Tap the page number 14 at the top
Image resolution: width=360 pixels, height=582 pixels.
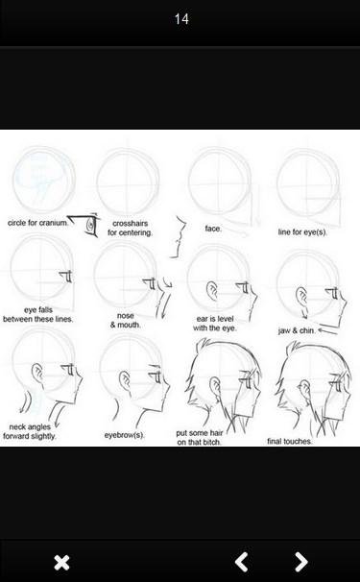click(x=181, y=19)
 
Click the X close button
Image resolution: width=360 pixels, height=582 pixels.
click(x=61, y=563)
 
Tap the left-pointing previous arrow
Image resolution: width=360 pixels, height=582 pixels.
click(x=242, y=562)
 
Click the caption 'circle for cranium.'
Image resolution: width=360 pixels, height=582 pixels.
click(x=37, y=223)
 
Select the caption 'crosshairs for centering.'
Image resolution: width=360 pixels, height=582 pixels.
click(x=130, y=228)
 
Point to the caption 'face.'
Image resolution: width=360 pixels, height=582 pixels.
click(x=213, y=229)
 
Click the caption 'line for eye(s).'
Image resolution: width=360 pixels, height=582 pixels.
click(x=302, y=232)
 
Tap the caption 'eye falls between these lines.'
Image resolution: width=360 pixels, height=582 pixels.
click(x=37, y=314)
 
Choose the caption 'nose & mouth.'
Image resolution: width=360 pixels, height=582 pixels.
click(x=126, y=320)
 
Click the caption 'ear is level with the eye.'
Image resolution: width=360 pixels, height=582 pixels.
click(x=215, y=324)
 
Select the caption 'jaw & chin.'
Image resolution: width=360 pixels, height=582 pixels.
click(x=297, y=330)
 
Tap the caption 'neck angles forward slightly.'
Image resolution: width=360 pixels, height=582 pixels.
click(x=30, y=431)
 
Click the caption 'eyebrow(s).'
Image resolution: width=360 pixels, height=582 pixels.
click(x=125, y=435)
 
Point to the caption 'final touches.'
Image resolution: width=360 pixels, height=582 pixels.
click(x=290, y=441)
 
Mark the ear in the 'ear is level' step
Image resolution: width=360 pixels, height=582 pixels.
click(x=212, y=291)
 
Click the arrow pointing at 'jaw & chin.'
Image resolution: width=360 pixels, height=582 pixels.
click(x=328, y=330)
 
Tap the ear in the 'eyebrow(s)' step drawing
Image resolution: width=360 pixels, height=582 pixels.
click(x=125, y=379)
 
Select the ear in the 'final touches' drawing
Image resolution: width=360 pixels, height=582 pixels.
click(x=304, y=390)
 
